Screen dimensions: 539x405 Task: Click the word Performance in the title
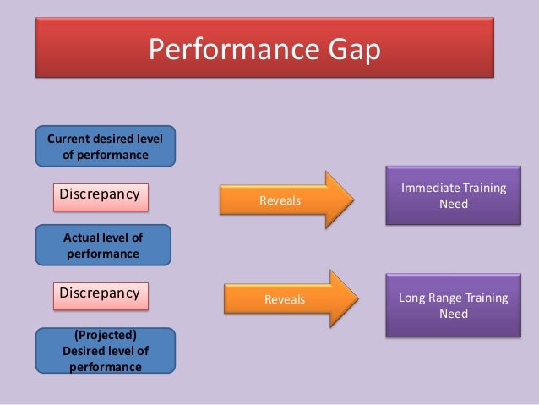[222, 50]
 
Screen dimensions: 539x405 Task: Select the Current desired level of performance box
[105, 145]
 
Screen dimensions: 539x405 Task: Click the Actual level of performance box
[103, 244]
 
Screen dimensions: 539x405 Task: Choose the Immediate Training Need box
[453, 196]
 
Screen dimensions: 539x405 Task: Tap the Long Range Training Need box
[453, 305]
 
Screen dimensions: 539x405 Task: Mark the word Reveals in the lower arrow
[285, 298]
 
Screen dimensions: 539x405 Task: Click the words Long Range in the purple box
[433, 298]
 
